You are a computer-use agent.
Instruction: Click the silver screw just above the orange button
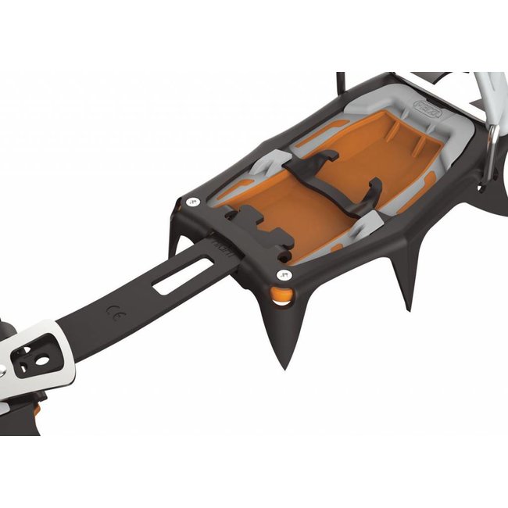click(x=284, y=275)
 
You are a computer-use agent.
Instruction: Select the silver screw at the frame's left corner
click(x=193, y=202)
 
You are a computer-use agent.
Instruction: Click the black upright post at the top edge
click(x=340, y=82)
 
